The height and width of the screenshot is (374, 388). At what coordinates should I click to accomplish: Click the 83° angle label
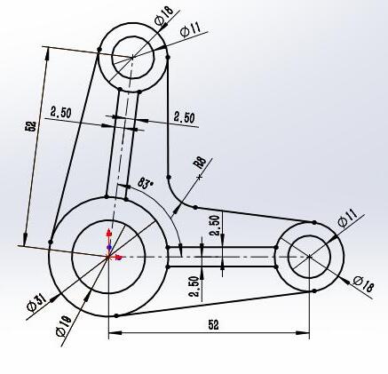point(146,184)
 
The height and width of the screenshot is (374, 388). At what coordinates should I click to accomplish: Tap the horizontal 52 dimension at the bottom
point(213,325)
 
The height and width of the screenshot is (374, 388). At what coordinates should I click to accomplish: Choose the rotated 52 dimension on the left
point(32,127)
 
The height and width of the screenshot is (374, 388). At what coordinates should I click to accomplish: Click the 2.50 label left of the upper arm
point(61,112)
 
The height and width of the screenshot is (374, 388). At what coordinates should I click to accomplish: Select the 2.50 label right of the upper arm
point(185,116)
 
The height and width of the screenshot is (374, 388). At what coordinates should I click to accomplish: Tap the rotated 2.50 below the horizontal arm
point(194,287)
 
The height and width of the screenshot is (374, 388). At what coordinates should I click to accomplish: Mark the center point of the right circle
point(309,256)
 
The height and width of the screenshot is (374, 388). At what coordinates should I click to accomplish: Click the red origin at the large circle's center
point(109,256)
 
